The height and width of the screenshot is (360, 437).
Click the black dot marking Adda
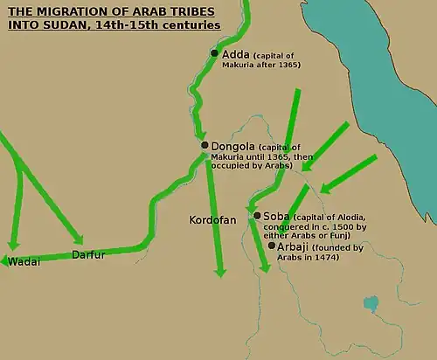[214, 53]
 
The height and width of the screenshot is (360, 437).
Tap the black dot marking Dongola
[204, 146]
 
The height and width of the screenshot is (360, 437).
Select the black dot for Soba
[256, 215]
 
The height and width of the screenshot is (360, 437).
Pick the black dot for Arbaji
[272, 246]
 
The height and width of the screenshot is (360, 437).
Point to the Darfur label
[88, 256]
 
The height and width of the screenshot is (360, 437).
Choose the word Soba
[276, 215]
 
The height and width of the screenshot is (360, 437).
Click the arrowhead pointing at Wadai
[6, 260]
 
